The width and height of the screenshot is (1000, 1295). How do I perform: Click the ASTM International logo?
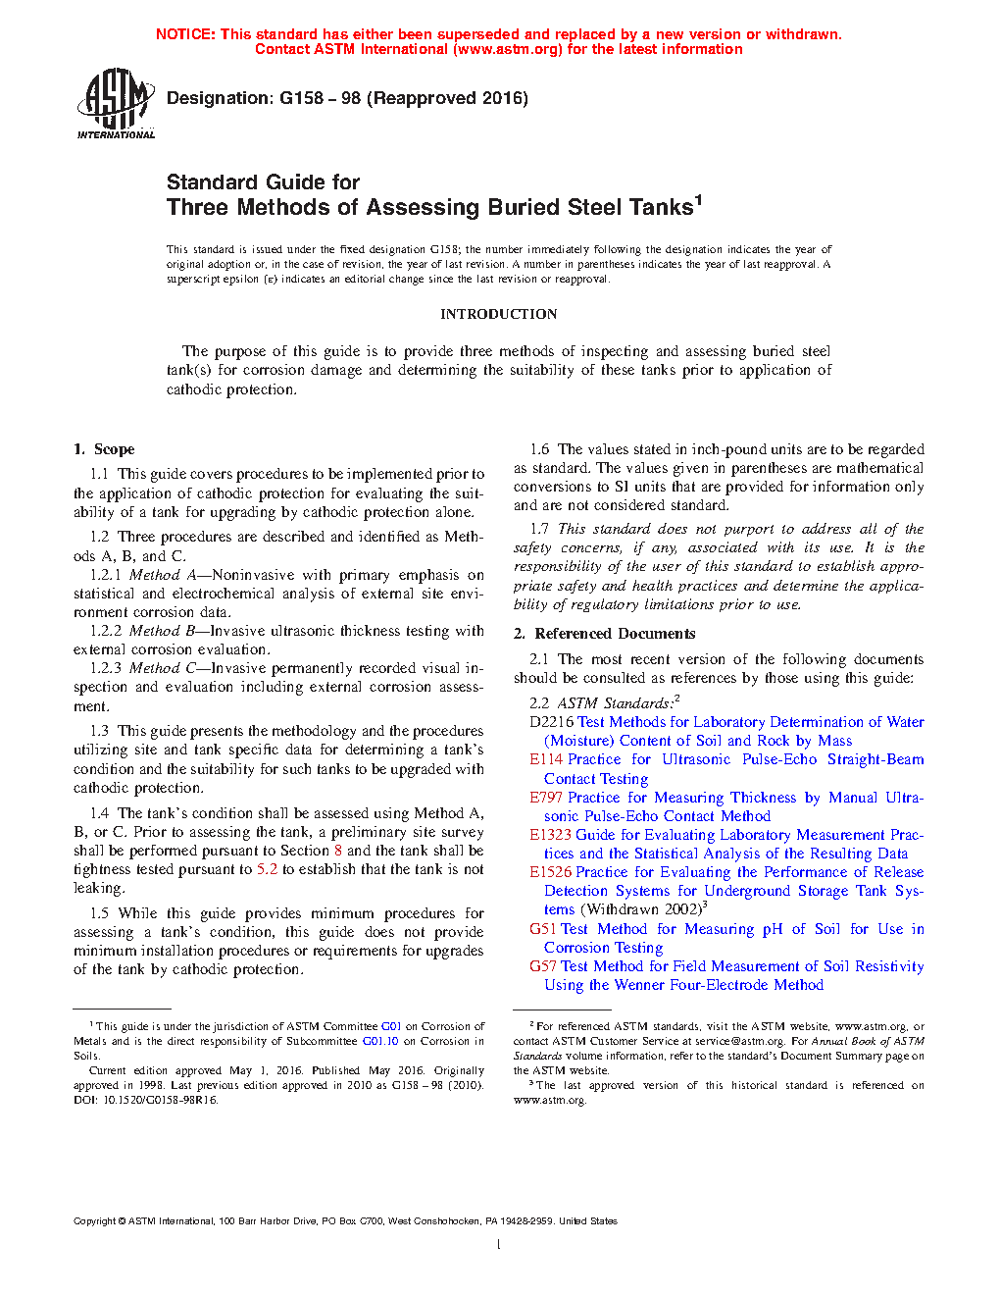point(116,103)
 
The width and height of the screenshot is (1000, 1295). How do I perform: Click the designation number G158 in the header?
point(301,98)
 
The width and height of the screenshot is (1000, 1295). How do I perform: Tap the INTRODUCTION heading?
point(498,314)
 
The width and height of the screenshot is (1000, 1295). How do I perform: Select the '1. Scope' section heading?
point(104,449)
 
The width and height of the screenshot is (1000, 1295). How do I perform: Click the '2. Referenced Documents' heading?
point(605,634)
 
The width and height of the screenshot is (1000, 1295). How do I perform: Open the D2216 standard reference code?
point(551,722)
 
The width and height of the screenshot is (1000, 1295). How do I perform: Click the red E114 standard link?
point(546,759)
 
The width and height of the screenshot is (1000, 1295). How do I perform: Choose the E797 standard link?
point(546,798)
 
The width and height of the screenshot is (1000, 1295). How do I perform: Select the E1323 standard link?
point(550,835)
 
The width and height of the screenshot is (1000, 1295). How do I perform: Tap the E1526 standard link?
point(550,872)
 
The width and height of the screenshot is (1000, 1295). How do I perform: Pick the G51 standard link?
point(542,929)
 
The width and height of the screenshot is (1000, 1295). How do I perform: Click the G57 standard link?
point(542,966)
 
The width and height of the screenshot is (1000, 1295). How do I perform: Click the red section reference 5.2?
point(267,869)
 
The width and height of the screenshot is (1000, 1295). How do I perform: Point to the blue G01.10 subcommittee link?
point(380,1041)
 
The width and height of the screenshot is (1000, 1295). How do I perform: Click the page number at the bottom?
point(499,1245)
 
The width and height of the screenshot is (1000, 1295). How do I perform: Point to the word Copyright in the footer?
point(94,1221)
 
